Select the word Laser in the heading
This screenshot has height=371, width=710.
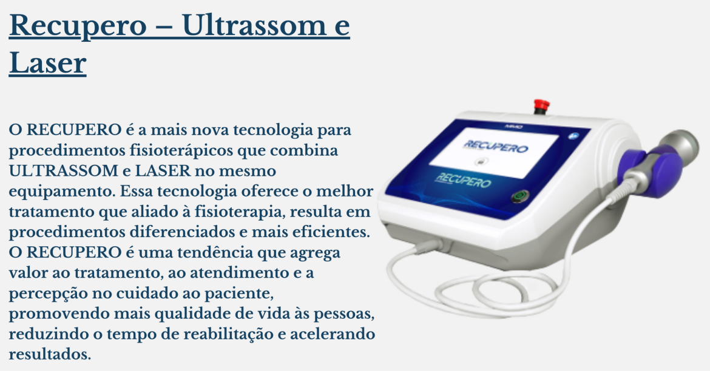click(47, 64)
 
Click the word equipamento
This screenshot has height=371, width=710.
click(61, 190)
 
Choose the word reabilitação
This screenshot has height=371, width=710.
click(241, 333)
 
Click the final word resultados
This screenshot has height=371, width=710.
click(50, 354)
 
